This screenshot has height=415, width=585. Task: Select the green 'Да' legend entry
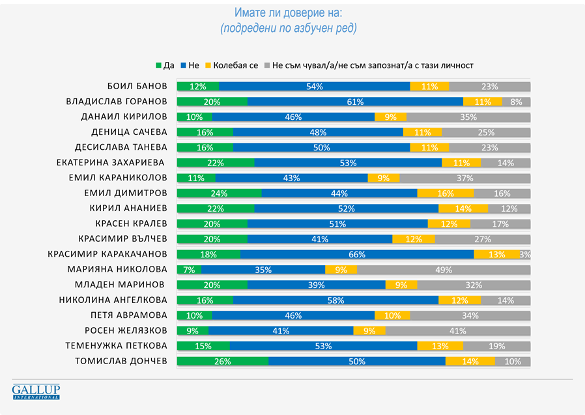coord(165,65)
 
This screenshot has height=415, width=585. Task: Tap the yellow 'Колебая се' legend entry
coord(231,65)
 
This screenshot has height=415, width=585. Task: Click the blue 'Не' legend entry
coord(190,65)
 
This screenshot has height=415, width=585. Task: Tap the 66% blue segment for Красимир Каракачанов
coord(357,254)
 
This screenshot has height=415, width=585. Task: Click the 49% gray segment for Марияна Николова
coord(444,269)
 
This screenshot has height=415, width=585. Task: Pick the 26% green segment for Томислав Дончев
coord(223,361)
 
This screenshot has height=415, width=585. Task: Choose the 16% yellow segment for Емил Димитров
coord(446,193)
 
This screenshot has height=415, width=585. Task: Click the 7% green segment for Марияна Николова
coord(189,269)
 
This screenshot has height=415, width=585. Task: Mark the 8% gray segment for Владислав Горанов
coord(516,102)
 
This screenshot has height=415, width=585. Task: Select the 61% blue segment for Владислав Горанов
coord(355,102)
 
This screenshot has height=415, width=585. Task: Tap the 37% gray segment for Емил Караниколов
coord(465,178)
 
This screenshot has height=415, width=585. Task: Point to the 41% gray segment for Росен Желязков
coord(458,330)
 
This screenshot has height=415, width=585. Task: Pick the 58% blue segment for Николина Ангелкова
coord(335,300)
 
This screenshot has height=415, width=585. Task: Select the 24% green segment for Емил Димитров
coord(219,193)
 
